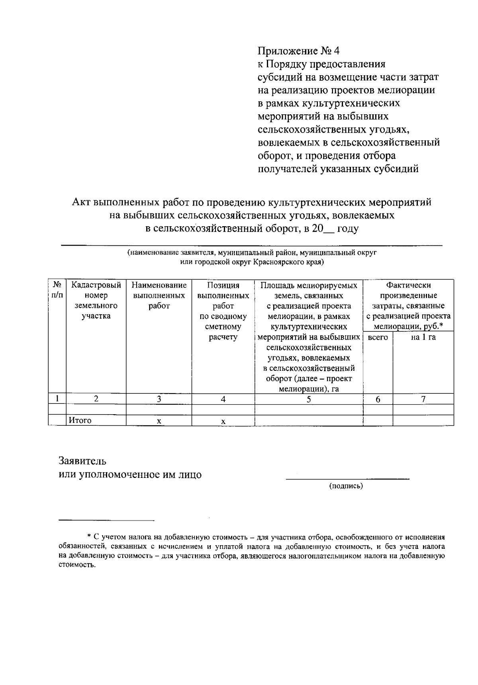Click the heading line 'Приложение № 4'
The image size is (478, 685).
click(299, 51)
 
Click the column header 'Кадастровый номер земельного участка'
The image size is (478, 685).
click(96, 301)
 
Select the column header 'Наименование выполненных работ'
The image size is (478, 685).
click(159, 296)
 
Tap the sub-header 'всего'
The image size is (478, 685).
click(378, 337)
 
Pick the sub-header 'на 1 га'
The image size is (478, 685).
click(423, 337)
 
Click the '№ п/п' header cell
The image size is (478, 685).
click(57, 290)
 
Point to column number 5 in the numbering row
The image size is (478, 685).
click(309, 399)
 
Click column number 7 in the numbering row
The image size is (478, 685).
click(423, 399)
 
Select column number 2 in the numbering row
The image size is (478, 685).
click(96, 399)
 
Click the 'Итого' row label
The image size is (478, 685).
click(80, 421)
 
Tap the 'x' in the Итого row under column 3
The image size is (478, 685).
click(159, 421)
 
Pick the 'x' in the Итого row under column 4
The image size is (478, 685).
click(223, 421)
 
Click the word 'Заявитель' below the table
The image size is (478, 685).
click(82, 461)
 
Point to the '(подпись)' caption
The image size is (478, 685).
click(346, 486)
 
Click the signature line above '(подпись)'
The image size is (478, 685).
click(347, 478)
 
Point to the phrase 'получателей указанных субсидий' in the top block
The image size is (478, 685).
click(338, 169)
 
